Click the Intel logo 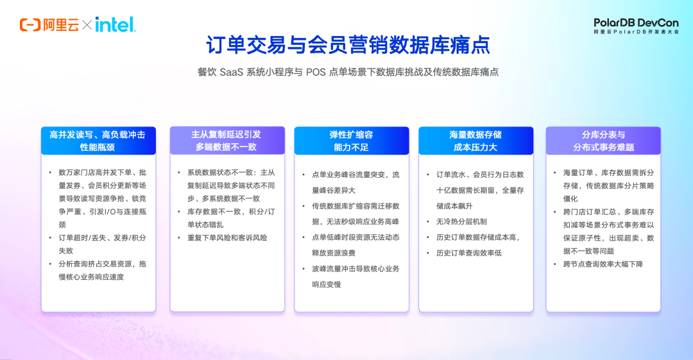tap(116, 25)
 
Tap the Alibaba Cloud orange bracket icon tap(30, 25)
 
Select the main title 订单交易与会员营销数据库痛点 tap(348, 45)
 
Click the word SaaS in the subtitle tap(231, 72)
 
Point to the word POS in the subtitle tap(316, 72)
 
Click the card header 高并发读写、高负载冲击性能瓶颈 tap(98, 141)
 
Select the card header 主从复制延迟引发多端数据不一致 tap(227, 141)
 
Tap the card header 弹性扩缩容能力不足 tap(352, 141)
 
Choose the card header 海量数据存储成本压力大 tap(475, 141)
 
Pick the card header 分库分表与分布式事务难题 tap(603, 141)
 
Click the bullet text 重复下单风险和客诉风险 tap(227, 238)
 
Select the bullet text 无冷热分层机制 tap(461, 221)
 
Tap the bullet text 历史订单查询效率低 tap(468, 253)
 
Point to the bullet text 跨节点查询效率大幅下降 tap(603, 264)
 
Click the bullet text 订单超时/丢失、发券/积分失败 tap(102, 244)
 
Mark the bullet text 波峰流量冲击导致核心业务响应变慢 tap(355, 277)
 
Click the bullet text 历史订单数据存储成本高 tap(477, 237)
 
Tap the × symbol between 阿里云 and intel tap(87, 25)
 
